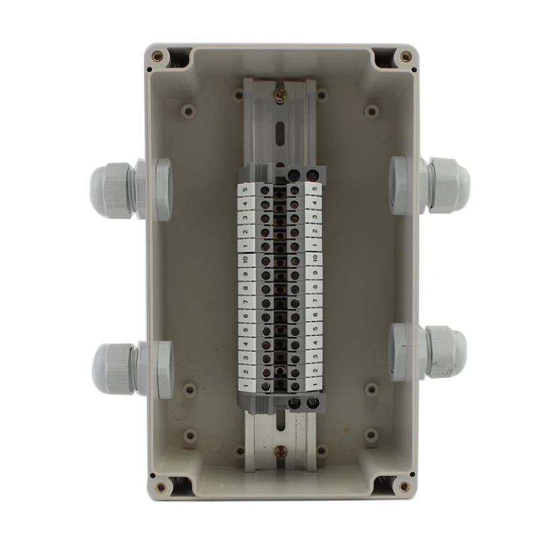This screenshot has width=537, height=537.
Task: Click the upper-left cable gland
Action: (130, 189)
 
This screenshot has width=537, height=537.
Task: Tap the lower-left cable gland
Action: (132, 369)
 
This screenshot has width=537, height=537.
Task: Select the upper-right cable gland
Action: (430, 187)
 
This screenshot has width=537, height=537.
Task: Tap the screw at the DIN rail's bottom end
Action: (281, 453)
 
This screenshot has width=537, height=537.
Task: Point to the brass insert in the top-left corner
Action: (158, 56)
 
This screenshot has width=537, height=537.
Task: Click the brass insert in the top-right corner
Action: (405, 56)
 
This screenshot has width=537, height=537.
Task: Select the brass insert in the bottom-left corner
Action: (160, 487)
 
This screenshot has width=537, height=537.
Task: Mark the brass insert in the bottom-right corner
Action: (404, 486)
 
